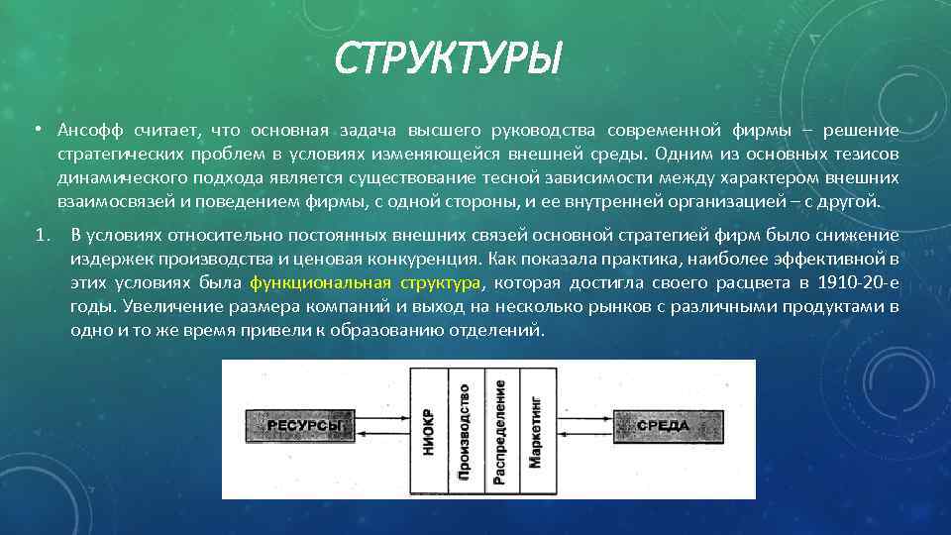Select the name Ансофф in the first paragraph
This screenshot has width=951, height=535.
(89, 131)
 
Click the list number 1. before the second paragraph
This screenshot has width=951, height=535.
(41, 235)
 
